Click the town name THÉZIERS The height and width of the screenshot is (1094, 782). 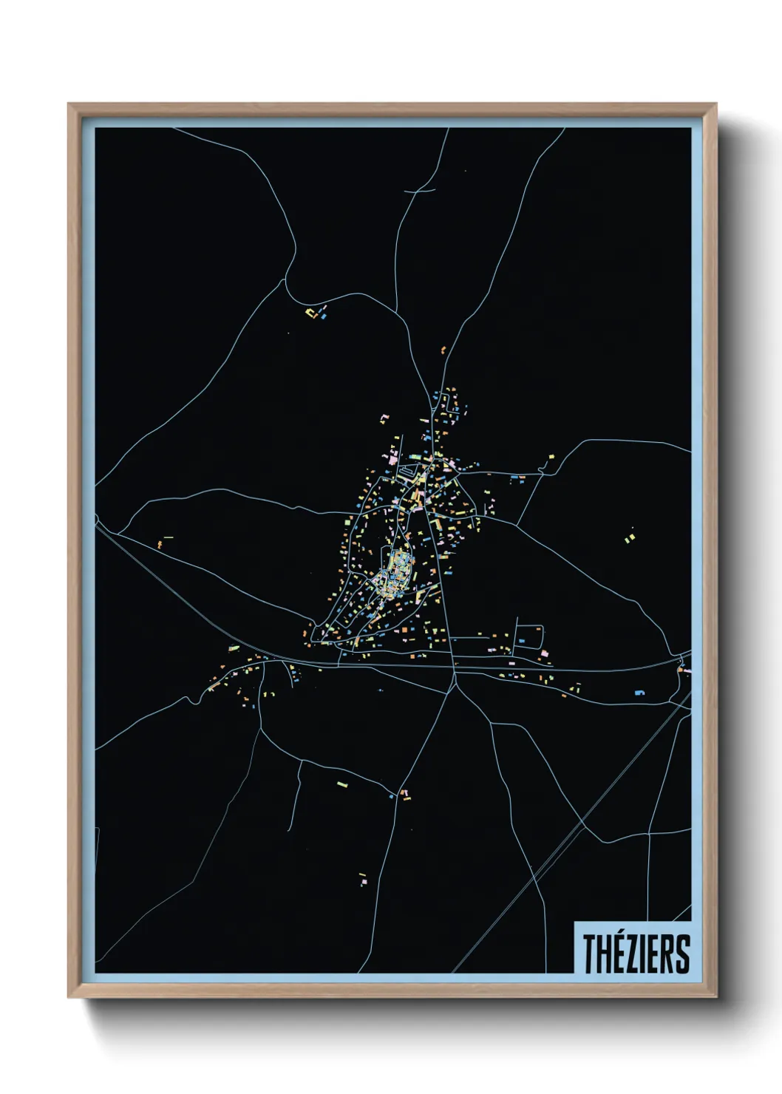pos(636,953)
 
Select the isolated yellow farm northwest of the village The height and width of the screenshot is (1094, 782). pos(314,313)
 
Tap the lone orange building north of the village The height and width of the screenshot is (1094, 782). pos(443,350)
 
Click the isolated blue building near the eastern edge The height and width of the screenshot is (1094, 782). pos(640,693)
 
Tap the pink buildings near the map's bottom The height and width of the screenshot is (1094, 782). pos(363,879)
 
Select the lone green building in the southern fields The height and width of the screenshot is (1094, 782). pos(341,783)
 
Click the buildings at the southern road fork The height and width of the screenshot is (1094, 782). pos(404,794)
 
